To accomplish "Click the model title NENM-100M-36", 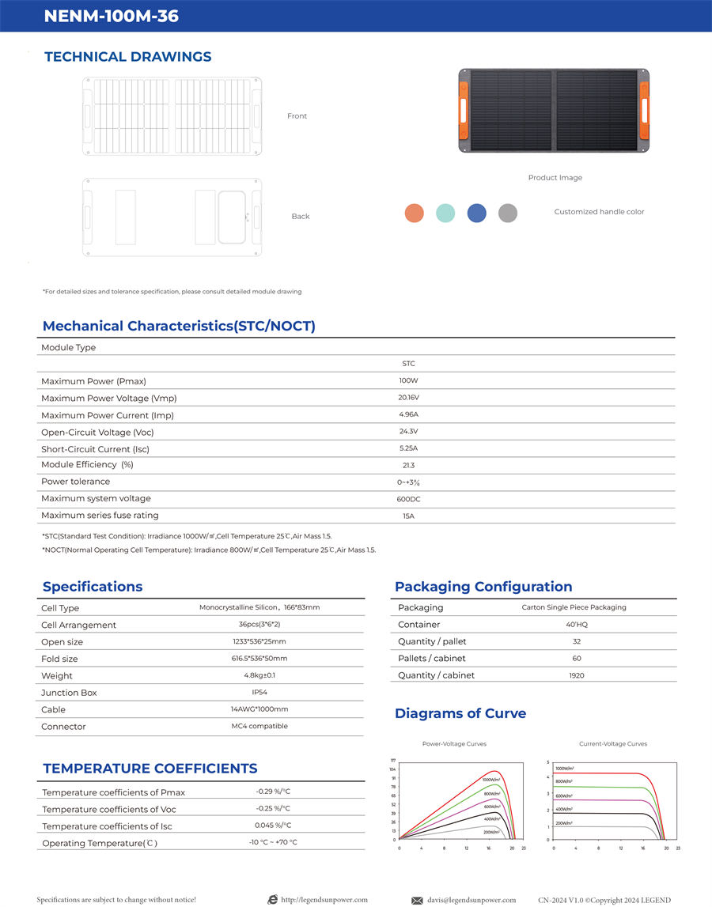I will point(112,16).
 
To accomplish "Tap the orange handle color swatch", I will point(414,213).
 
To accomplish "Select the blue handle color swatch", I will point(476,213).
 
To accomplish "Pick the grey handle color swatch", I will point(508,213).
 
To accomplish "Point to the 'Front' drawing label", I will point(297,116).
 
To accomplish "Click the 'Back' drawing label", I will point(301,217).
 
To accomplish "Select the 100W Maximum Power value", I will point(408,381).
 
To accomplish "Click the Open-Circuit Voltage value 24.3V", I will point(408,432).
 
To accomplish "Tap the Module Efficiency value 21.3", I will point(408,466).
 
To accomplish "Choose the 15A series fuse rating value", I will point(408,516).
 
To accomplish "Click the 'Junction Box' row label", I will point(69,693).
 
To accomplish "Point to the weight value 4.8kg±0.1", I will point(259,675).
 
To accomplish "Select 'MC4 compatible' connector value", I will point(259,726).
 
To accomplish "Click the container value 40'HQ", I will point(576,625).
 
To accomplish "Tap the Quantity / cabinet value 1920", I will point(576,675).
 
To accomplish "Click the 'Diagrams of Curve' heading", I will point(460,713).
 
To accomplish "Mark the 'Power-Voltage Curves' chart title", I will point(454,744).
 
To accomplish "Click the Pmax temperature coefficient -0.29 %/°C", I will point(273,792).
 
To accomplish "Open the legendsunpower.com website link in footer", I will point(324,900).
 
